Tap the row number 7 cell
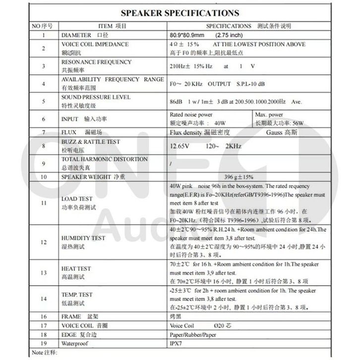point(44,133)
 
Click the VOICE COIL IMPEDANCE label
point(95,45)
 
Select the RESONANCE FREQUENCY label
point(96,62)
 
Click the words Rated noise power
point(191,114)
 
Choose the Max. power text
point(268,114)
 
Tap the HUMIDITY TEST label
point(83,238)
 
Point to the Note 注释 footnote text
point(44,352)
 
